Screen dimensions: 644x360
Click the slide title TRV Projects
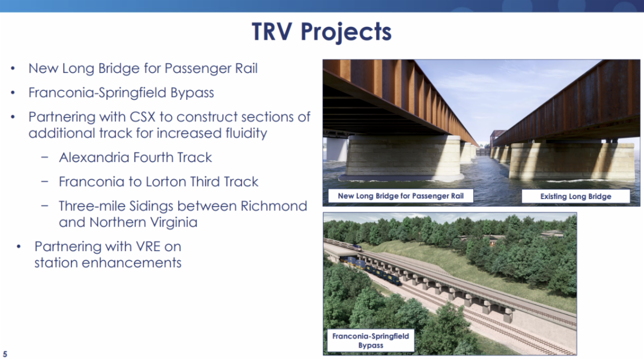coord(321,32)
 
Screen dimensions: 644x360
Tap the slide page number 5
coord(5,354)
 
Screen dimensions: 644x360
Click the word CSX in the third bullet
coord(142,117)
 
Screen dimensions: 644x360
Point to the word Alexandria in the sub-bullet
coord(94,157)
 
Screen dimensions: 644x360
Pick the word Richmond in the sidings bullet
coord(273,206)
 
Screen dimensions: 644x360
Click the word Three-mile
coord(92,206)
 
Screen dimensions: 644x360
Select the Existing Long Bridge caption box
coord(575,196)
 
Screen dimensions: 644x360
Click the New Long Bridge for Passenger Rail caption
coord(400,196)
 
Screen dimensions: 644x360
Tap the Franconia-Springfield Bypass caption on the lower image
coord(371,341)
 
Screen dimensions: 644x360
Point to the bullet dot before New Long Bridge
coord(13,68)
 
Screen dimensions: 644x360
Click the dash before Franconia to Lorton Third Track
coord(45,181)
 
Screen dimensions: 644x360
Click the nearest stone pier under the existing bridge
coord(572,161)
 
